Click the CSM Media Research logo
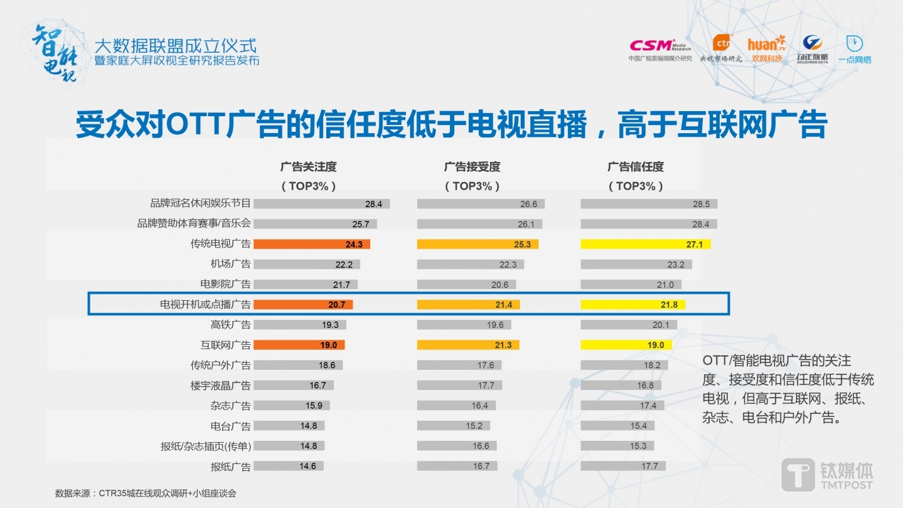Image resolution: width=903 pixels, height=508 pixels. [x=660, y=49]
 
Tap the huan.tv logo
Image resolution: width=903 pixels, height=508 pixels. [x=766, y=49]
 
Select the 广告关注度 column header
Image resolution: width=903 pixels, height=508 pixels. [x=308, y=167]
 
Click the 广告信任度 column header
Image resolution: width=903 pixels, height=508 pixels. [x=635, y=167]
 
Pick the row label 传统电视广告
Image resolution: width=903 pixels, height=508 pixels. [x=220, y=244]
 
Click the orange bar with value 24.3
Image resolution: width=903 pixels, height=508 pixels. [x=312, y=244]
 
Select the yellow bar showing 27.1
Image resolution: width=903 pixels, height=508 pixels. [x=645, y=244]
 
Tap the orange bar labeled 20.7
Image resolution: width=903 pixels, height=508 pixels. [x=303, y=305]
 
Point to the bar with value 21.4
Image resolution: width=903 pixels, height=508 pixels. [x=468, y=305]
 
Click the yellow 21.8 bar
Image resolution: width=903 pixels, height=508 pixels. [x=633, y=305]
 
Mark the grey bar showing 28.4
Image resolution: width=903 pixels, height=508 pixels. [x=321, y=204]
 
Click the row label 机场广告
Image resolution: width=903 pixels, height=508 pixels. [x=230, y=264]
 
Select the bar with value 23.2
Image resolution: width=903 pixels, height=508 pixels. [x=636, y=264]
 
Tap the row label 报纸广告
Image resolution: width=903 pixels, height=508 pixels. [x=230, y=467]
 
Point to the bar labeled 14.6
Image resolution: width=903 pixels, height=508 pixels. [x=289, y=466]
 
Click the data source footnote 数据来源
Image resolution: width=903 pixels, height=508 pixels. [x=146, y=494]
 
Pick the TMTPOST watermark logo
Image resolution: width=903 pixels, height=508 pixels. [x=827, y=475]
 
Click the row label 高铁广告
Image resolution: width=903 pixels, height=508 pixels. [x=230, y=325]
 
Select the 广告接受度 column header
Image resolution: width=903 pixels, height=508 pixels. [x=472, y=167]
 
